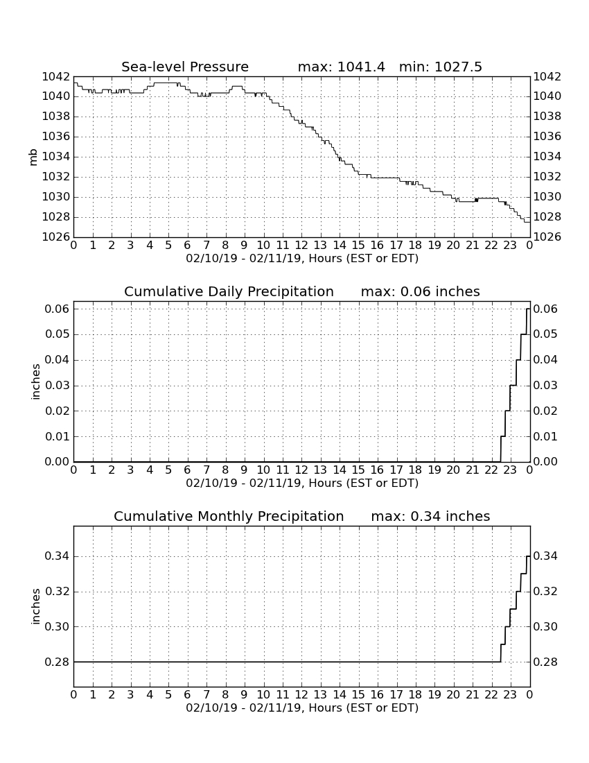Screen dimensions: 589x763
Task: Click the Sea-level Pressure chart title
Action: click(185, 67)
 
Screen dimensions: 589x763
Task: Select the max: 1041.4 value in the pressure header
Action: click(341, 67)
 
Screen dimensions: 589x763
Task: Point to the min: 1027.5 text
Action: click(440, 67)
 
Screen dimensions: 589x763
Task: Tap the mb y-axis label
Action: click(33, 157)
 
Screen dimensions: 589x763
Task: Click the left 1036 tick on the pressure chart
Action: click(56, 136)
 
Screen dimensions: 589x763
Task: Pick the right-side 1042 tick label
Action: click(547, 76)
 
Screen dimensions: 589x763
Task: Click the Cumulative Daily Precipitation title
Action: click(229, 291)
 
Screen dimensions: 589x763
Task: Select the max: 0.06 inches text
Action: click(420, 291)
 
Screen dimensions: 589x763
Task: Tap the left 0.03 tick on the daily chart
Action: click(58, 386)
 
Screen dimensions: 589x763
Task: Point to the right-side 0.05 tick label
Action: click(545, 334)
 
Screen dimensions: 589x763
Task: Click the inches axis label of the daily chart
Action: click(35, 382)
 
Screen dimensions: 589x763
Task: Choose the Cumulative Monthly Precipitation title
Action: click(229, 516)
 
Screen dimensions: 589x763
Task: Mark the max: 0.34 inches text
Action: click(430, 516)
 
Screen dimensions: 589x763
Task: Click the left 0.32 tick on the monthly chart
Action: click(58, 592)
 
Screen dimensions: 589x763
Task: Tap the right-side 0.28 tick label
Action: click(545, 662)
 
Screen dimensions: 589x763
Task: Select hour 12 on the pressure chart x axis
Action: click(301, 246)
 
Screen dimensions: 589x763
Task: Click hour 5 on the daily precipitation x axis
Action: click(168, 470)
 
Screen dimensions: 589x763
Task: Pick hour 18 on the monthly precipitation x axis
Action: click(415, 695)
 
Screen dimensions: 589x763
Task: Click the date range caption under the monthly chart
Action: click(302, 708)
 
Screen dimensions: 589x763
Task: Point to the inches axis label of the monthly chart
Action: click(35, 606)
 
